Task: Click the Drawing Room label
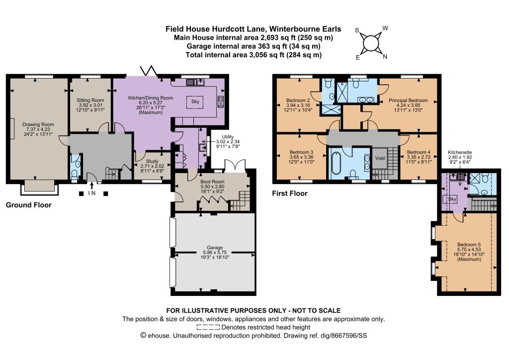point(38,124)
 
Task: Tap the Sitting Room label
point(90,100)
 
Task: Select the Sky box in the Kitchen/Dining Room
point(195,102)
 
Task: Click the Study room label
point(152,161)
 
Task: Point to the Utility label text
point(228,137)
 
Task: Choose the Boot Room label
point(212,182)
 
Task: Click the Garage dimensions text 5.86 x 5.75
point(215,252)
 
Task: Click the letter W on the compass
point(385,28)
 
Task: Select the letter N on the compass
point(385,57)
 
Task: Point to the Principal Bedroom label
point(408,100)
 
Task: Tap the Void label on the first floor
point(380,159)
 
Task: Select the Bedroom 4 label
point(419,152)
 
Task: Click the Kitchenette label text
point(460,152)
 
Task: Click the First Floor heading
point(290,193)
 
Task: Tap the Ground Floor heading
point(28,205)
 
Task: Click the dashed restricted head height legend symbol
point(208,327)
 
